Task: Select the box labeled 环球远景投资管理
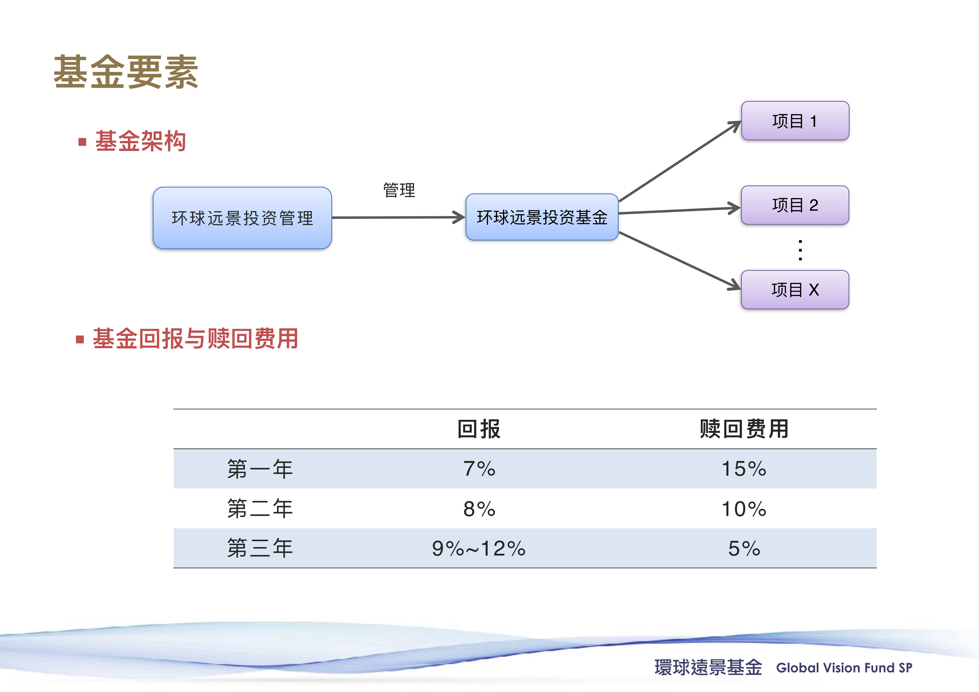pyautogui.click(x=242, y=218)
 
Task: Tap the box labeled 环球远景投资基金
pyautogui.click(x=542, y=217)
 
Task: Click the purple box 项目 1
pyautogui.click(x=795, y=121)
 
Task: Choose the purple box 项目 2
pyautogui.click(x=795, y=205)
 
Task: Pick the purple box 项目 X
pyautogui.click(x=795, y=290)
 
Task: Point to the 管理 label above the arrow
pyautogui.click(x=399, y=190)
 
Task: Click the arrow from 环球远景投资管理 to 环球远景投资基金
pyautogui.click(x=398, y=217)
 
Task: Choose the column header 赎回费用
pyautogui.click(x=744, y=429)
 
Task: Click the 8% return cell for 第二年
pyautogui.click(x=479, y=509)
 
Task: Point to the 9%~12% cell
pyautogui.click(x=479, y=548)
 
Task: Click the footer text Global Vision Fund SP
pyautogui.click(x=844, y=668)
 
